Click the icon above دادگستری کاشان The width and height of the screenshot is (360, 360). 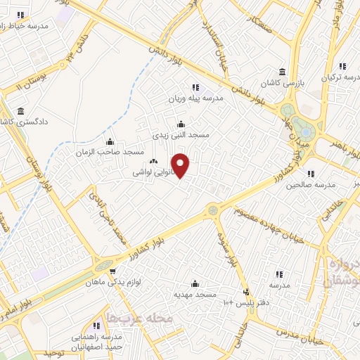pyautogui.click(x=20, y=112)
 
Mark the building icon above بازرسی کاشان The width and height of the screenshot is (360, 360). pyautogui.click(x=282, y=72)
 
